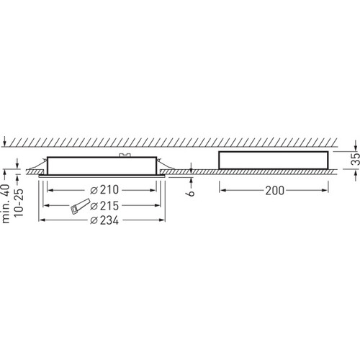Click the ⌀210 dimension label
click(x=104, y=190)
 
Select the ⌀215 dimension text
click(x=104, y=206)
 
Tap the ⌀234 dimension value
click(x=104, y=220)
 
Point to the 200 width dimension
click(x=274, y=191)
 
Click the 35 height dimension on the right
click(x=356, y=158)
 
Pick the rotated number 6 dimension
click(x=191, y=193)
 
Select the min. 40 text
click(x=6, y=204)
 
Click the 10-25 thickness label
click(x=19, y=203)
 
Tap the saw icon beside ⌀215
click(x=80, y=206)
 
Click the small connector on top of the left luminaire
click(x=125, y=156)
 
